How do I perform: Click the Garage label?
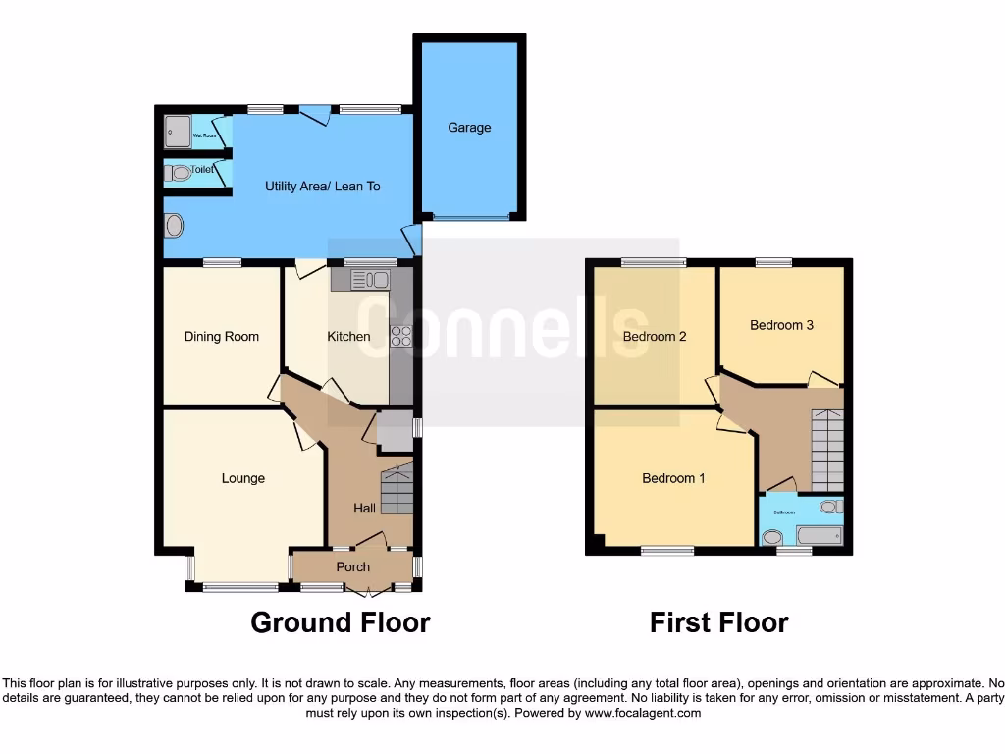[469, 128]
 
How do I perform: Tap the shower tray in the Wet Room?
[178, 132]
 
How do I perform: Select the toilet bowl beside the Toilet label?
[178, 173]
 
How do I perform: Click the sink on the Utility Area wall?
[175, 226]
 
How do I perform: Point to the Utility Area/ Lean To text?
[323, 186]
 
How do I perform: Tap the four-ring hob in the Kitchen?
[401, 336]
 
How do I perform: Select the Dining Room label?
[222, 336]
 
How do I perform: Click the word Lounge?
[242, 478]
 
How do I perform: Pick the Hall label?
[364, 508]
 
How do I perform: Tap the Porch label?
[353, 566]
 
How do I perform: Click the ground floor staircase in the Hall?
[397, 489]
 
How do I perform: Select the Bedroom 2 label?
[655, 336]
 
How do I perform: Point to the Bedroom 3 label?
[781, 325]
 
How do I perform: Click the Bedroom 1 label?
[673, 478]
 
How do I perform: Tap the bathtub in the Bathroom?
[819, 536]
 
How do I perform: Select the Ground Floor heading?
[341, 622]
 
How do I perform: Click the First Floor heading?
[718, 622]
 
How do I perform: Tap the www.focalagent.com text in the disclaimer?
[642, 713]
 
